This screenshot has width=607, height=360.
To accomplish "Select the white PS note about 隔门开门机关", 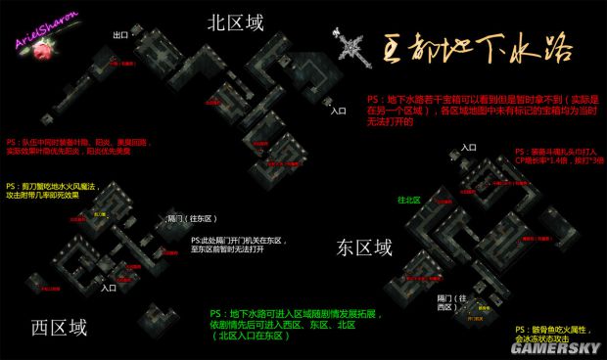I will [x=235, y=247].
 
